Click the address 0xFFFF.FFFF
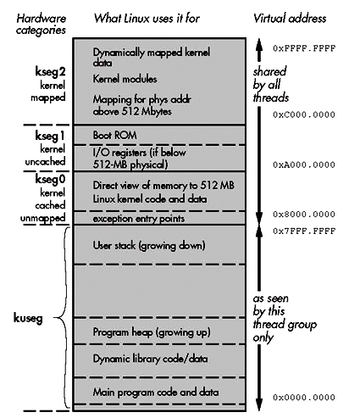click(x=304, y=48)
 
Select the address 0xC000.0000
click(x=304, y=114)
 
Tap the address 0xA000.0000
click(x=304, y=164)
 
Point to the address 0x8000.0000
click(x=304, y=215)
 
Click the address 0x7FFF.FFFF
click(x=304, y=231)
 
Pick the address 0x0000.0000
click(x=304, y=397)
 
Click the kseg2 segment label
click(x=50, y=72)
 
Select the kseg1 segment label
click(x=50, y=136)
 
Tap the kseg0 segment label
click(x=50, y=179)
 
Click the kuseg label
click(x=28, y=319)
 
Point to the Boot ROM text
click(x=114, y=135)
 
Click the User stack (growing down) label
click(x=149, y=245)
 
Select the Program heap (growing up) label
click(x=152, y=332)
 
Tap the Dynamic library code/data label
click(x=150, y=359)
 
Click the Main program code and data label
click(x=156, y=393)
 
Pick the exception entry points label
click(x=139, y=219)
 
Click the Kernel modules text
click(x=125, y=79)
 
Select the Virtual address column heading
click(x=290, y=19)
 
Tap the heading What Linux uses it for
click(x=147, y=19)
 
